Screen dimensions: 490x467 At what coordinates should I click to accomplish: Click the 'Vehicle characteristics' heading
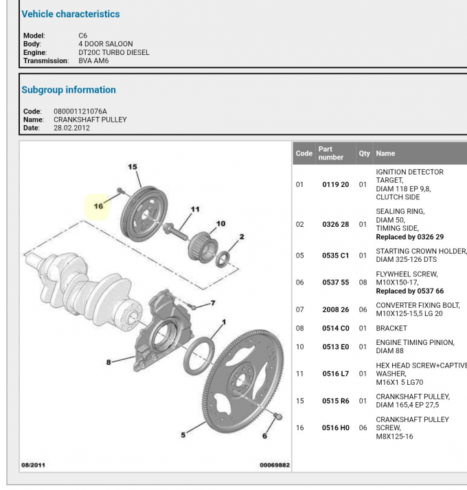[71, 14]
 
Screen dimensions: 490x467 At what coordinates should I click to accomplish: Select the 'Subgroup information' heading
[69, 90]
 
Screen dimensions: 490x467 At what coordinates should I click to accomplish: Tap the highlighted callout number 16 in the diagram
[98, 205]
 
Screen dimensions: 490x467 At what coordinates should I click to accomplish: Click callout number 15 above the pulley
[133, 167]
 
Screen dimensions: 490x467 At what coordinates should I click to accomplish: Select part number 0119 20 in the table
[335, 185]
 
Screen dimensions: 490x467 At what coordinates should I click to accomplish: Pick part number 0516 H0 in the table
[335, 428]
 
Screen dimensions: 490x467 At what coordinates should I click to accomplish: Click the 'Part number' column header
[330, 153]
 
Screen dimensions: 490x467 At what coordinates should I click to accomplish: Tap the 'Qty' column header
[364, 153]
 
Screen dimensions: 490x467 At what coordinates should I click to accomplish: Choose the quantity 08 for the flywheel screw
[363, 282]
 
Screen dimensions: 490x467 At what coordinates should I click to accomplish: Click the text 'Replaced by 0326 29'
[409, 237]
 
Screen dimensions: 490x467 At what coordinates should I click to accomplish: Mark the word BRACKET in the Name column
[391, 328]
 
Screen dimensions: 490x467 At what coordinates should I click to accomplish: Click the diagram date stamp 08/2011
[33, 465]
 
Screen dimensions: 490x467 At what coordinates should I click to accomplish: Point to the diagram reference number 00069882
[275, 465]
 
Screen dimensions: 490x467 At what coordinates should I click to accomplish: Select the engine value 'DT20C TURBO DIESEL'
[113, 52]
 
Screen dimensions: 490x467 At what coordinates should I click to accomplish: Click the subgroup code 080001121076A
[80, 111]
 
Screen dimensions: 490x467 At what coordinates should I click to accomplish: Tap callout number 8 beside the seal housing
[109, 362]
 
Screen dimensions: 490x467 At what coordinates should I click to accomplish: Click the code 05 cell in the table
[299, 256]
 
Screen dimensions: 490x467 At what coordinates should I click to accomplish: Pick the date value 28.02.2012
[71, 128]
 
